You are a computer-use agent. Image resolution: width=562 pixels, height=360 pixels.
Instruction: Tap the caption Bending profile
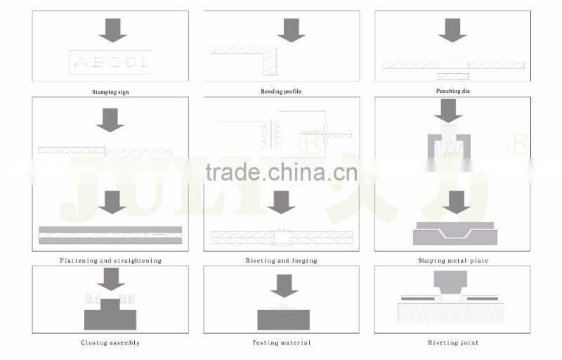tap(281, 91)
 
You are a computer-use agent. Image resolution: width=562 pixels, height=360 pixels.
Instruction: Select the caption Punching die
tap(452, 91)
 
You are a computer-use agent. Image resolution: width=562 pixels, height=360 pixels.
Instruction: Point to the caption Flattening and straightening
tap(111, 261)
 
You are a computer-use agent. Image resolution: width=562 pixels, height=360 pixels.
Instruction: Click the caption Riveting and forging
tap(281, 261)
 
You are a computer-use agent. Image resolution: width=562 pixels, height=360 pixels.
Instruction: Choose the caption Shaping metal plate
tap(452, 261)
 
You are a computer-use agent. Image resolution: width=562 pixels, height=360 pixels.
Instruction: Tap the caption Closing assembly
tap(110, 343)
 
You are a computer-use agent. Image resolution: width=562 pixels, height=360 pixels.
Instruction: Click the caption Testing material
tap(281, 343)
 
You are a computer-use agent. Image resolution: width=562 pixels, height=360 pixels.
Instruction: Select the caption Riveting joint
tap(452, 343)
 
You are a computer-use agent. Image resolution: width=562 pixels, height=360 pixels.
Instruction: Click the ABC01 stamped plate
tap(111, 62)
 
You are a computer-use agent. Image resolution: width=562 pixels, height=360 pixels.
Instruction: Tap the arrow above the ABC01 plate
tap(112, 30)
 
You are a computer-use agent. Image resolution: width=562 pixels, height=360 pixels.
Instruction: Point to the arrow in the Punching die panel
tap(452, 30)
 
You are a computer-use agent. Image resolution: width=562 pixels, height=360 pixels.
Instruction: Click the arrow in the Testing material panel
tap(283, 285)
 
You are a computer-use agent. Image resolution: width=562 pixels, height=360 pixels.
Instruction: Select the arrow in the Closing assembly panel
tap(111, 280)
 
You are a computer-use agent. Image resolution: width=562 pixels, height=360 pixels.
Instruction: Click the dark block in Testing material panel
tap(282, 319)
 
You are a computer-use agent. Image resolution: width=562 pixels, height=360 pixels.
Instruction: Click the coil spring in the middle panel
tap(266, 134)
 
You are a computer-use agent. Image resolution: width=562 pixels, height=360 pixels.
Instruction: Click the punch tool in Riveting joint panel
tap(450, 283)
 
